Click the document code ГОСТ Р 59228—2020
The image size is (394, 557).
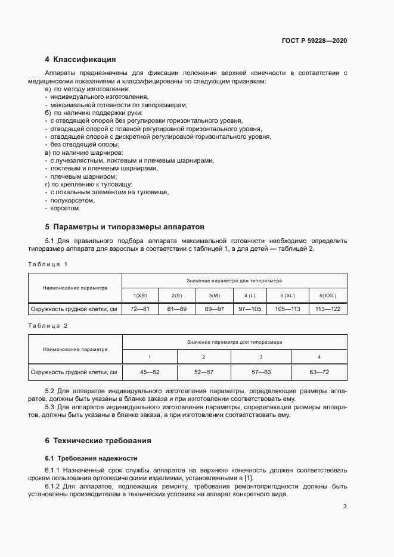(314, 41)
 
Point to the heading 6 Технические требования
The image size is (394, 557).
(98, 441)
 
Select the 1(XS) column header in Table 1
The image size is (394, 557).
(139, 295)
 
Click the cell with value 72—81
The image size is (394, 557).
(139, 309)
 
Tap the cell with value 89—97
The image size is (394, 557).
(215, 309)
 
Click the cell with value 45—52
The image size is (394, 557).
(149, 372)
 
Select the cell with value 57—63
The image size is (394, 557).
(260, 372)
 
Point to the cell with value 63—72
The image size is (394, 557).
(318, 372)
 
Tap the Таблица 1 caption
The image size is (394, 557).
(48, 264)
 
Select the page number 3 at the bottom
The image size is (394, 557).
(345, 506)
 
